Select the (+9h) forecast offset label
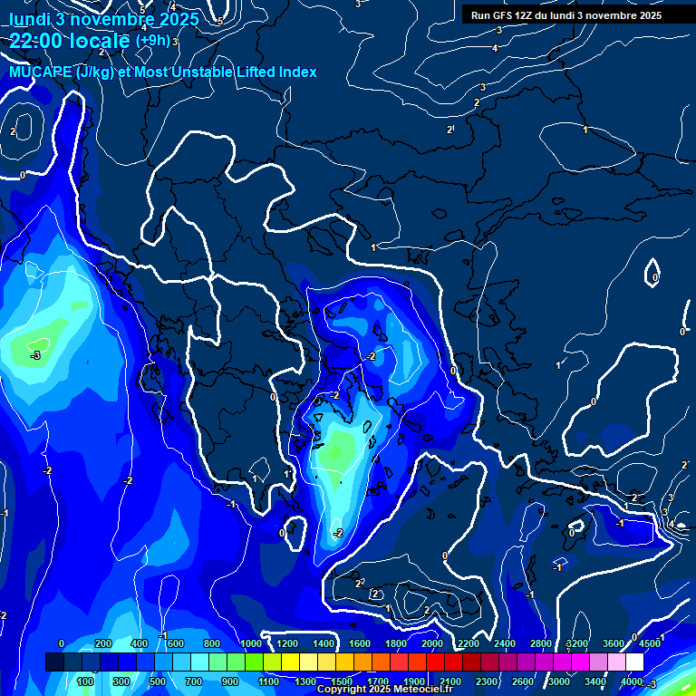151,41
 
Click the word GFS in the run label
501,15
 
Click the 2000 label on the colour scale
432,643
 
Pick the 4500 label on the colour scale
649,643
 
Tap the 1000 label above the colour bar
250,643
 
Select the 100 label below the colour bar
87,681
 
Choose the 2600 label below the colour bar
523,681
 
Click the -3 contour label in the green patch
34,355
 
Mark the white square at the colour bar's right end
634,662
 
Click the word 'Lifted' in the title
248,72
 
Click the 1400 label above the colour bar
324,643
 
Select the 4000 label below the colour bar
632,681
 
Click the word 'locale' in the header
100,41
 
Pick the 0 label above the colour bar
62,643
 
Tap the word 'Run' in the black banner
480,15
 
